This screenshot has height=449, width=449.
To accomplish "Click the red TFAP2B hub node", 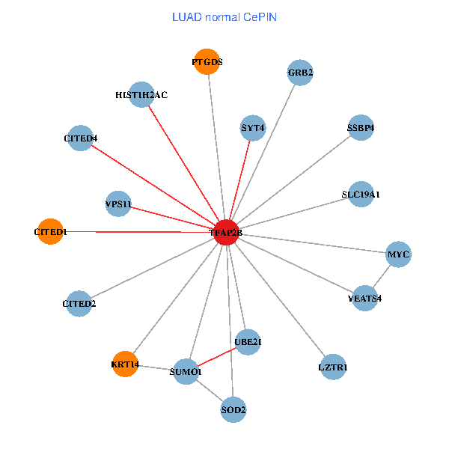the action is tap(226, 233).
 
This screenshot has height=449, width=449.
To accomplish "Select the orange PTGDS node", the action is tap(207, 62).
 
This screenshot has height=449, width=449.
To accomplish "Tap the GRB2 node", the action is tap(299, 73).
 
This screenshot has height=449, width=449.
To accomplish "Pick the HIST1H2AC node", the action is tap(141, 94).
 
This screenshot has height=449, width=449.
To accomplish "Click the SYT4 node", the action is tap(253, 128).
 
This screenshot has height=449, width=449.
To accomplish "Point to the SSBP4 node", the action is tap(361, 127).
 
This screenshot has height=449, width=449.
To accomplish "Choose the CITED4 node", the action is tap(81, 138).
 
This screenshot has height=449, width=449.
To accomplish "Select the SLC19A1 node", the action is tap(361, 194).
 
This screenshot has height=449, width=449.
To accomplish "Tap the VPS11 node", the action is tap(119, 204).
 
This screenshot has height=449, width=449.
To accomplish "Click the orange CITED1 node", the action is tap(50, 232).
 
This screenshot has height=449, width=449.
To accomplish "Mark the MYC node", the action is tap(397, 254).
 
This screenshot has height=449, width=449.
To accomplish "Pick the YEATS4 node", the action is tap(364, 298).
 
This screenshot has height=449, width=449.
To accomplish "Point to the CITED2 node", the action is tap(79, 303).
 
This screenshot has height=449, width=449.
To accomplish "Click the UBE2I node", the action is tap(248, 342).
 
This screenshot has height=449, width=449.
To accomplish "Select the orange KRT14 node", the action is tap(125, 364).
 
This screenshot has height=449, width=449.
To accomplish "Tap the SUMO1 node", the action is tap(186, 371).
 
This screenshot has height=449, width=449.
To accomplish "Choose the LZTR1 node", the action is tap(332, 367).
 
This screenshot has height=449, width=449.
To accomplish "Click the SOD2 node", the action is tap(233, 409).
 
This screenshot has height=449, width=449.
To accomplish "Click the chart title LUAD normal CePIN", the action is tap(224, 16).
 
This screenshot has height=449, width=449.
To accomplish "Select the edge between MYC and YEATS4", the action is tap(381, 276).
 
